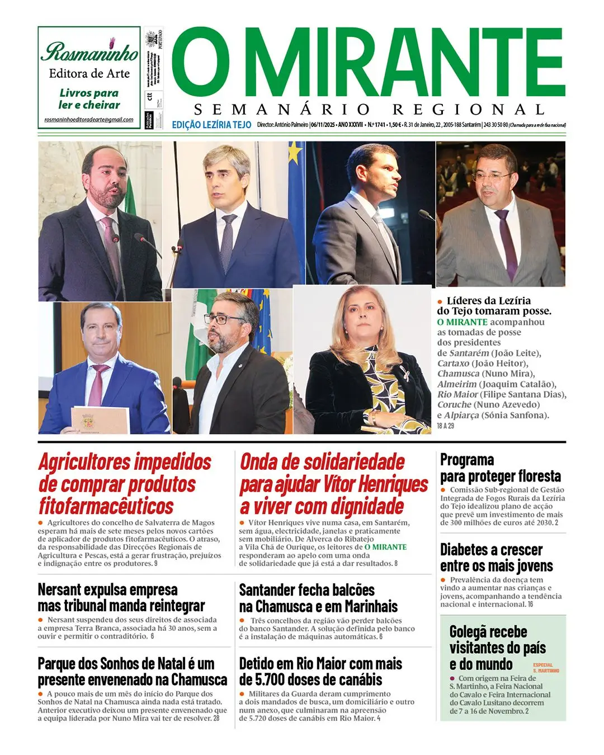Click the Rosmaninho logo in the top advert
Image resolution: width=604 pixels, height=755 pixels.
point(89,51)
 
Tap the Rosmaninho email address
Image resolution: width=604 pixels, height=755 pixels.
point(89,120)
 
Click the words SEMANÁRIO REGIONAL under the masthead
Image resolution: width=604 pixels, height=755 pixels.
point(369,109)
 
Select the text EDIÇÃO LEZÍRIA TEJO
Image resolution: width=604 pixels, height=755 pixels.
point(211,125)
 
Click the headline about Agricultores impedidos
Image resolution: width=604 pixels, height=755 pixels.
point(125,484)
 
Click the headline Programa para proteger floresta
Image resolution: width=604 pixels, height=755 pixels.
point(500,468)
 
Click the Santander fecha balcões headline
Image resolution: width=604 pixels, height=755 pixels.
point(318,598)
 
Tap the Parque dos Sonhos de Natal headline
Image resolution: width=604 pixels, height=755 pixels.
point(133,672)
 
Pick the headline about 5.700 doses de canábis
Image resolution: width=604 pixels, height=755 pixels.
point(320,672)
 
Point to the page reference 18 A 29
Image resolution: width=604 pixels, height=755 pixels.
point(446,426)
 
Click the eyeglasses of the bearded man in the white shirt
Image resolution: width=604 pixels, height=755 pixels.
point(225,320)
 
